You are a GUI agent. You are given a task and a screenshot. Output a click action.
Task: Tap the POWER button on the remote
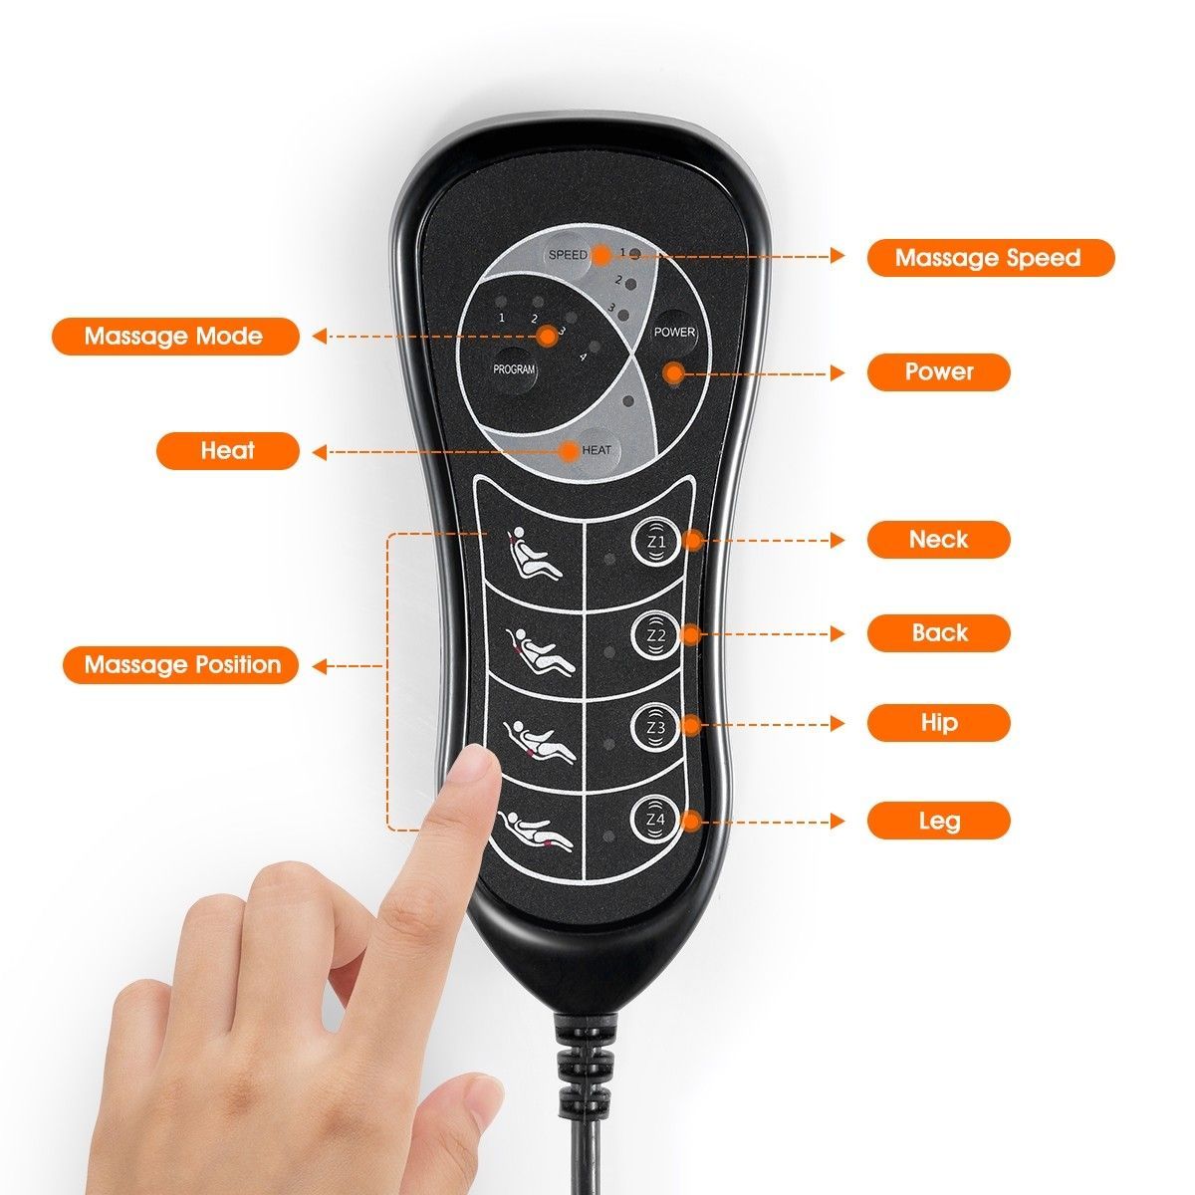pos(673,333)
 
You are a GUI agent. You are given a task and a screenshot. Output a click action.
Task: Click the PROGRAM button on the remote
pos(514,369)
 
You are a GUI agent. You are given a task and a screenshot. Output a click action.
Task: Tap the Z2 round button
pos(656,635)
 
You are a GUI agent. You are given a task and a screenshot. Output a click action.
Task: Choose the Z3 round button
pos(656,727)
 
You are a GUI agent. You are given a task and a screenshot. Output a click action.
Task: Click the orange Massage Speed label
pos(990,257)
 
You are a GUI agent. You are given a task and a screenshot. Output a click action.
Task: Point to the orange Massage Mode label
pos(175,337)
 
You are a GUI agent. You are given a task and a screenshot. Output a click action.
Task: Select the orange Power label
pos(938,372)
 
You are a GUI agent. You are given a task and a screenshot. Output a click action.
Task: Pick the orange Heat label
pos(228,451)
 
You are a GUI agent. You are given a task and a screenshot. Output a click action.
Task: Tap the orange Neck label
pos(938,540)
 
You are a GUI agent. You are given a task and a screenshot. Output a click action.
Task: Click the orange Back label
pos(938,633)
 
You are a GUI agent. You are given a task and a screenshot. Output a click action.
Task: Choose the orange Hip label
pos(938,723)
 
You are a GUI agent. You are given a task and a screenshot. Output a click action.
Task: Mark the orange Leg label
pos(938,821)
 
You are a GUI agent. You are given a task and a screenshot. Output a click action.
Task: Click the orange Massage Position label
pos(181,665)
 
